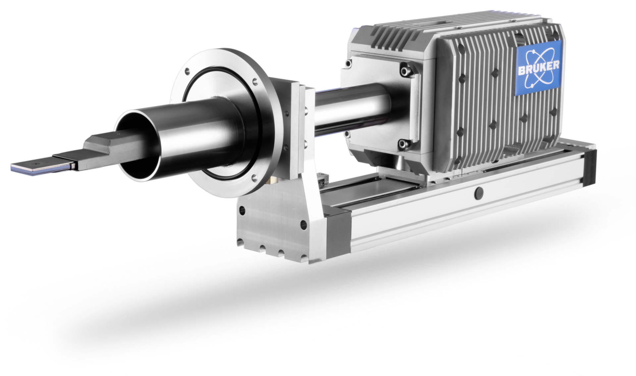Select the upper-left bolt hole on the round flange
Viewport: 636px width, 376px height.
188,70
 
